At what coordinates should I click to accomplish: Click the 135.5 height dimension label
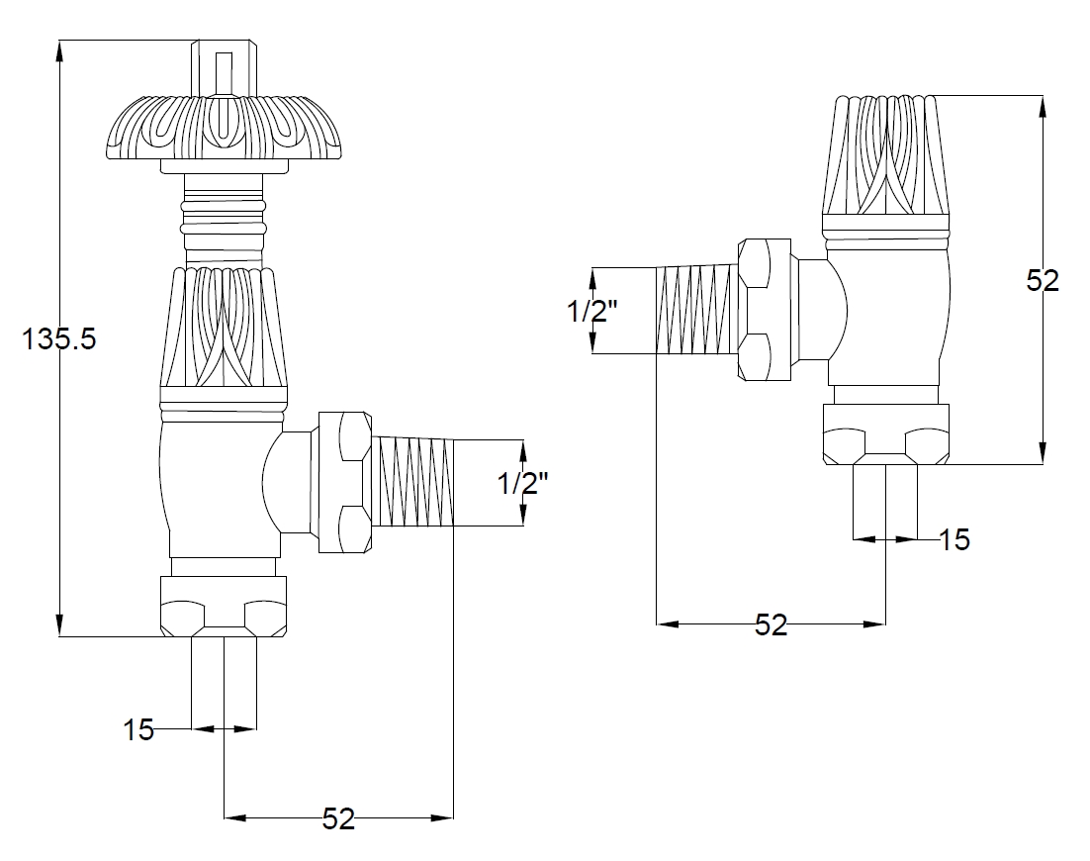[59, 339]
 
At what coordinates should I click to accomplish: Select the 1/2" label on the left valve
[523, 483]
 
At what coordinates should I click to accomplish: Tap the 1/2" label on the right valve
[592, 311]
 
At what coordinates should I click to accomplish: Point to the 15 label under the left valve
[138, 730]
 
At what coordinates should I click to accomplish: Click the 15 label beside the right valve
[954, 539]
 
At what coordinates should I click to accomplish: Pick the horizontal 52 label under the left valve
[338, 819]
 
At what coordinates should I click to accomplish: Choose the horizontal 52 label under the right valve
[771, 625]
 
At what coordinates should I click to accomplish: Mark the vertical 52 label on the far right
[1043, 280]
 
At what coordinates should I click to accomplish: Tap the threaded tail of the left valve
[412, 481]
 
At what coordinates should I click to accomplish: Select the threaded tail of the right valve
[696, 310]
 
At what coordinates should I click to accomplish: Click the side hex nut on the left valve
[344, 483]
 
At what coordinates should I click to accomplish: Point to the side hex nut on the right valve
[765, 310]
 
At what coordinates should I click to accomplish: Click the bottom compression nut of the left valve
[224, 607]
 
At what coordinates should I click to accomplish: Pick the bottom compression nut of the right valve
[886, 434]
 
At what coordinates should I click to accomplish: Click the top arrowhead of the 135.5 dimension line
[60, 52]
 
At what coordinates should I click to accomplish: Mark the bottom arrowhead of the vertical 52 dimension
[1043, 452]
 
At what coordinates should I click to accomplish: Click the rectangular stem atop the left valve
[224, 66]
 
